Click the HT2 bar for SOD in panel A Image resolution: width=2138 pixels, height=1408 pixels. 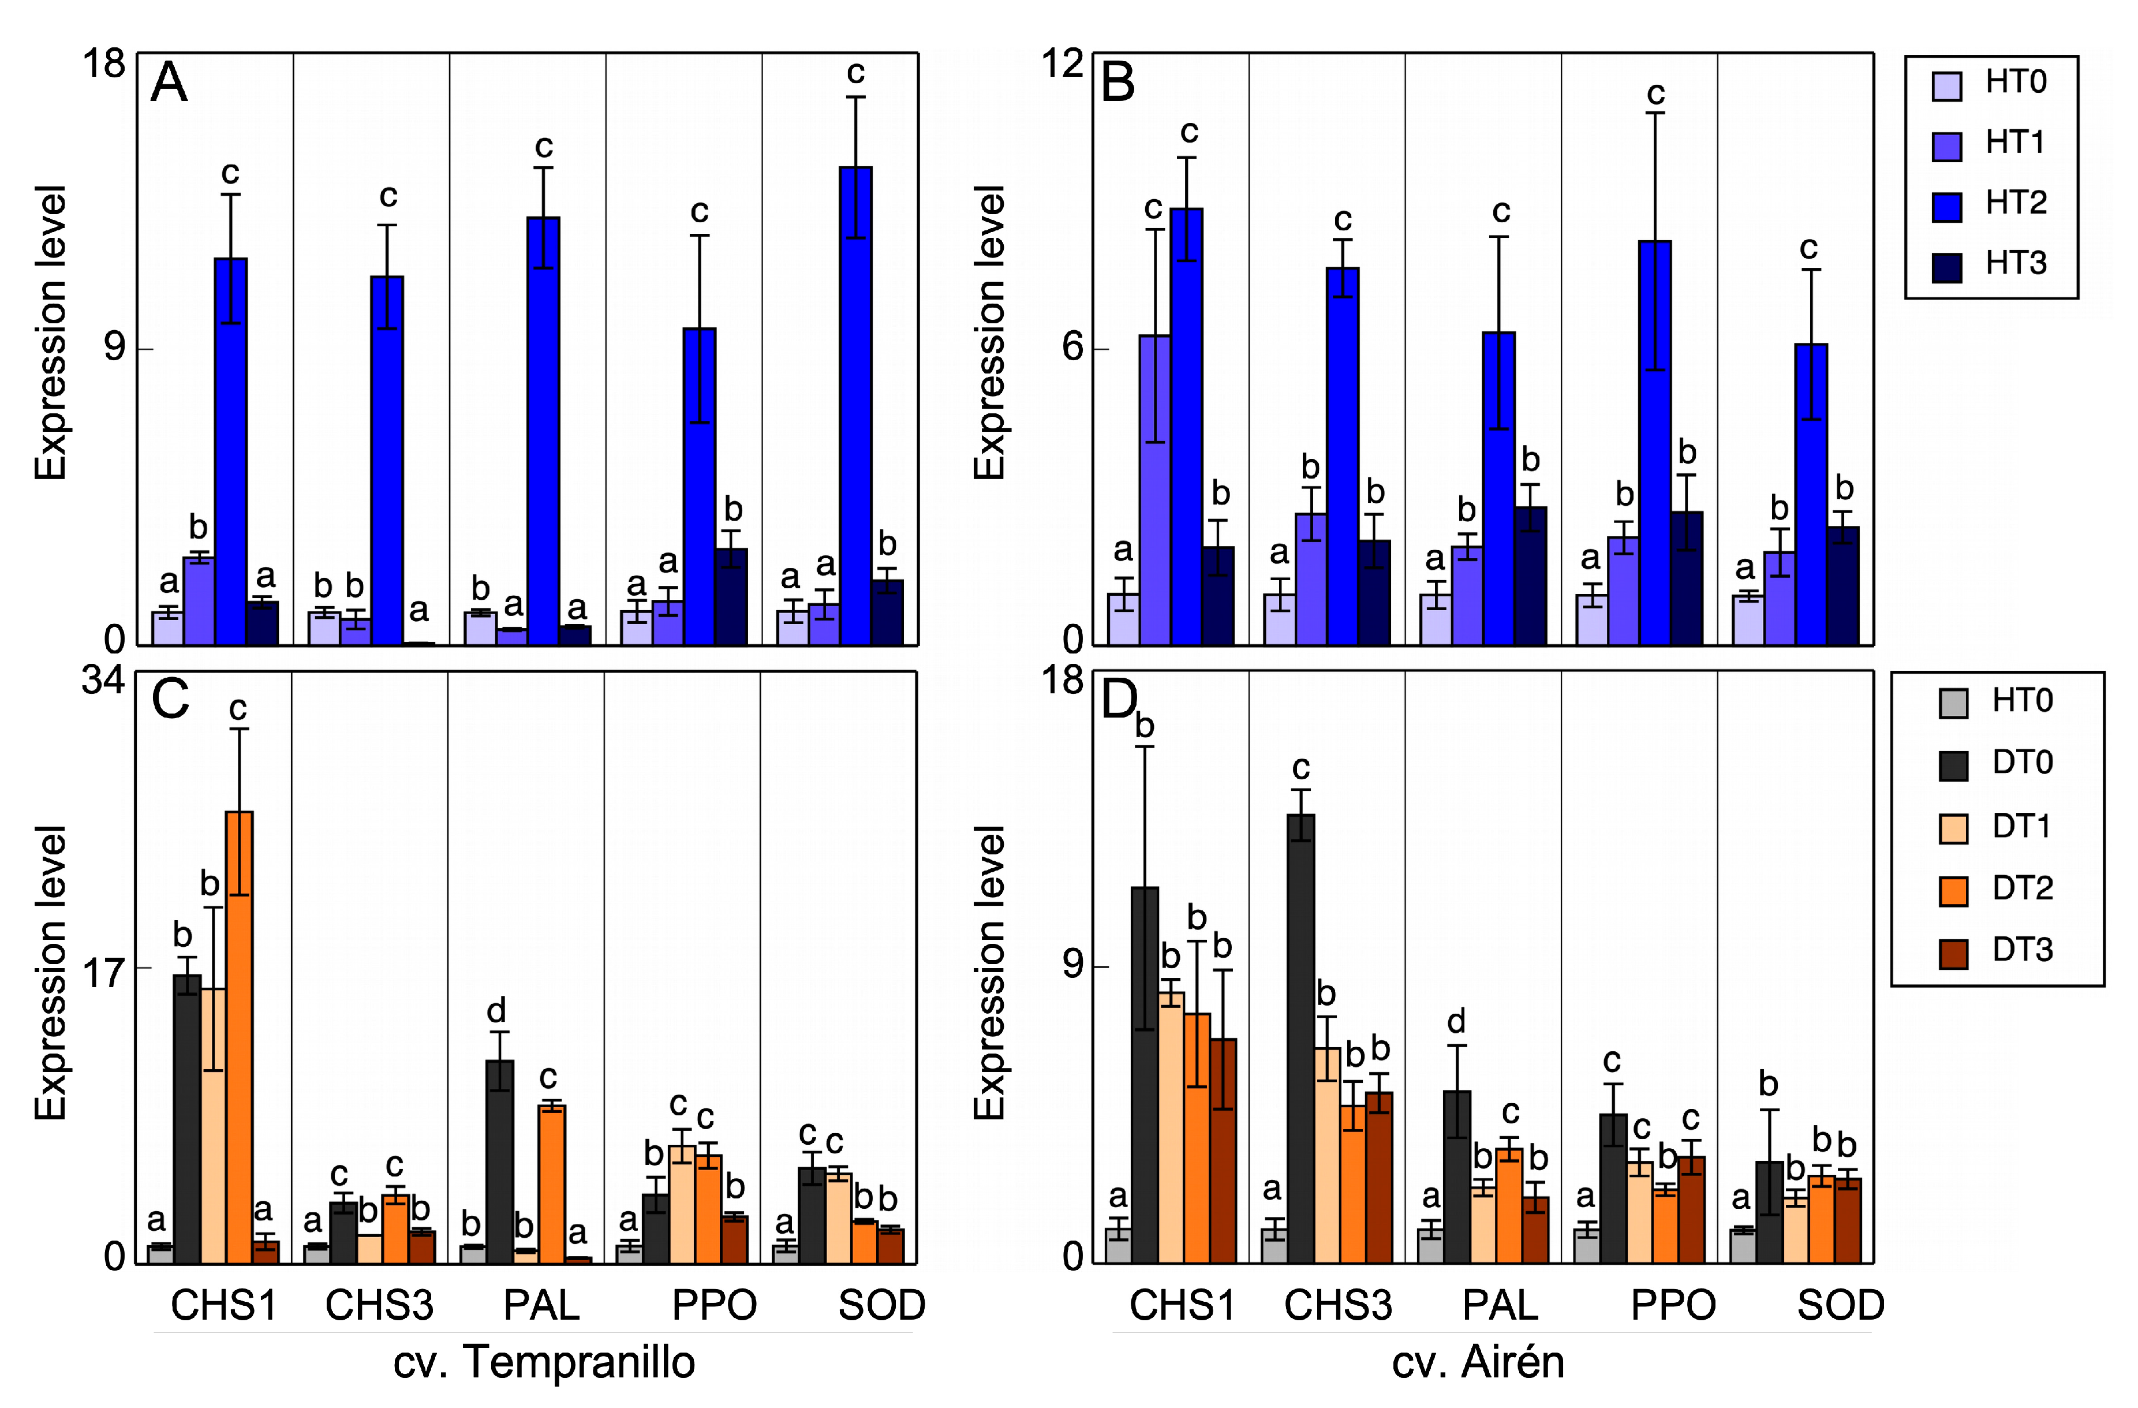tap(855, 404)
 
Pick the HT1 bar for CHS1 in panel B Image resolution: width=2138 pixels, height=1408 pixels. tap(1155, 490)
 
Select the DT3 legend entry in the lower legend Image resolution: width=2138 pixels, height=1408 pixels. tap(2021, 950)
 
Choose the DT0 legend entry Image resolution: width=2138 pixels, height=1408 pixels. tap(2021, 763)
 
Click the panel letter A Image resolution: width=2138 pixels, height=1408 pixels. tap(169, 84)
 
